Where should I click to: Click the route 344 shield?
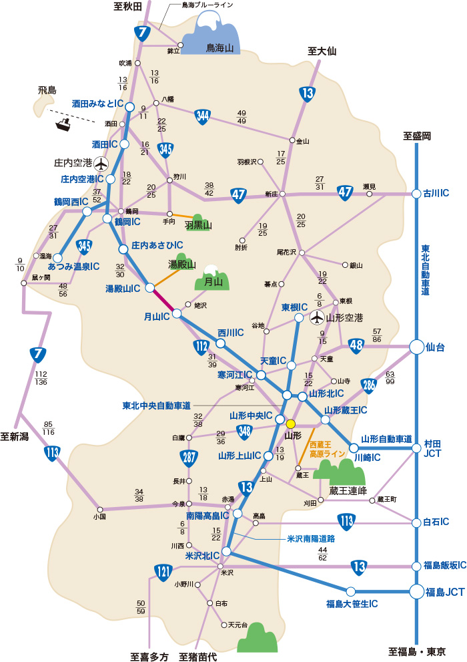[x=203, y=116]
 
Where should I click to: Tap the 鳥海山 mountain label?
[x=220, y=48]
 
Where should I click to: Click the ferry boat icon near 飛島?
[x=65, y=123]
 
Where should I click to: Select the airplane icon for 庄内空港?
[x=101, y=162]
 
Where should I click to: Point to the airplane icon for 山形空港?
[x=317, y=317]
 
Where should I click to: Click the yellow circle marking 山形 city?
[x=290, y=424]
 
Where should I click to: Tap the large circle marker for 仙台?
[x=417, y=347]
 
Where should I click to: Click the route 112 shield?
[x=201, y=346]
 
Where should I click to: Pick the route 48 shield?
[x=355, y=345]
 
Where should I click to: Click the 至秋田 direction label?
[x=127, y=7]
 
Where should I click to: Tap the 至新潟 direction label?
[x=18, y=437]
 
